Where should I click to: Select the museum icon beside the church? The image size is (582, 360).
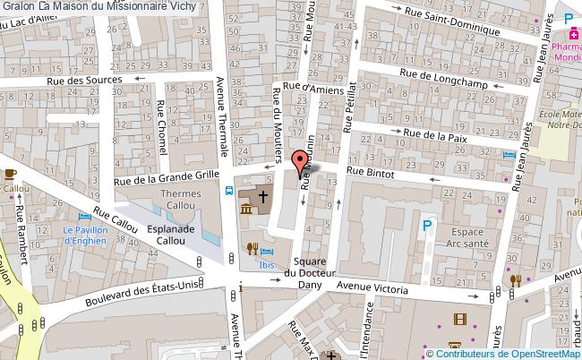(247, 210)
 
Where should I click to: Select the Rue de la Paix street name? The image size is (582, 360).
(436, 134)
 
